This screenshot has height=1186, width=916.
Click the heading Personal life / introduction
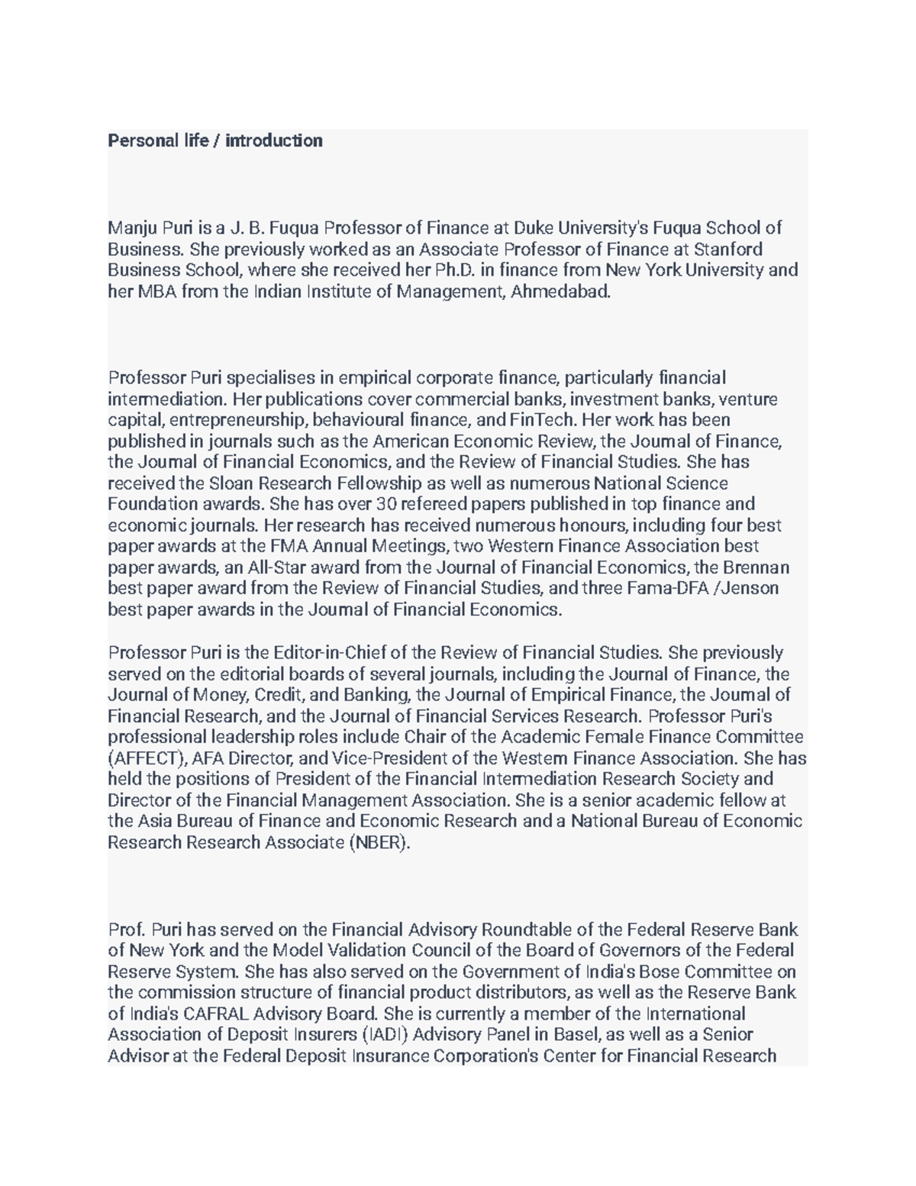[214, 141]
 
